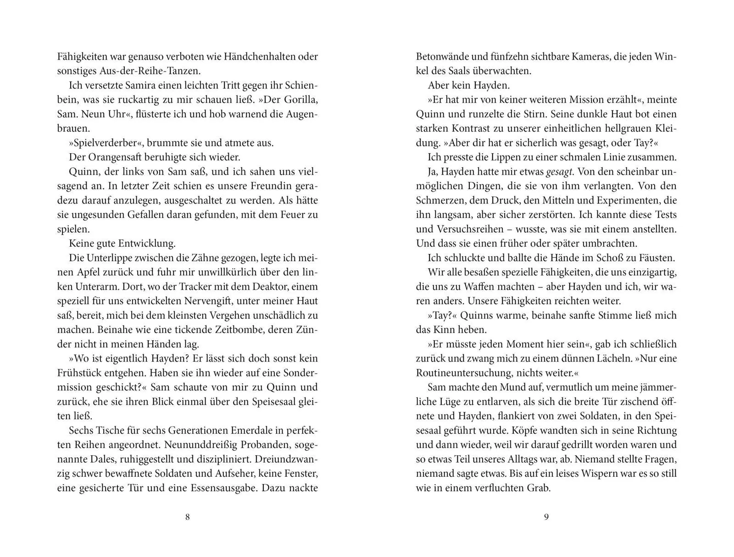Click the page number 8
[187, 517]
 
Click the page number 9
[546, 517]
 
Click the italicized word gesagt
[559, 171]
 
